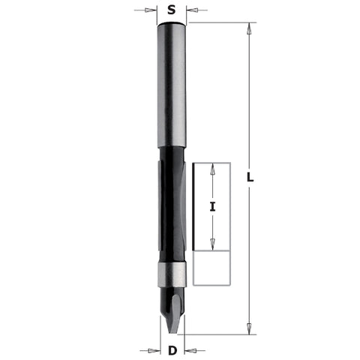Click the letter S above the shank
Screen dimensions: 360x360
172,10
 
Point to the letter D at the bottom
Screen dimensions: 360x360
172,349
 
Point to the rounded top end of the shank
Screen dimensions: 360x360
172,24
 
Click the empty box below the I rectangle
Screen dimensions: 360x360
211,268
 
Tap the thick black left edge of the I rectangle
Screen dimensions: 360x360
194,206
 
